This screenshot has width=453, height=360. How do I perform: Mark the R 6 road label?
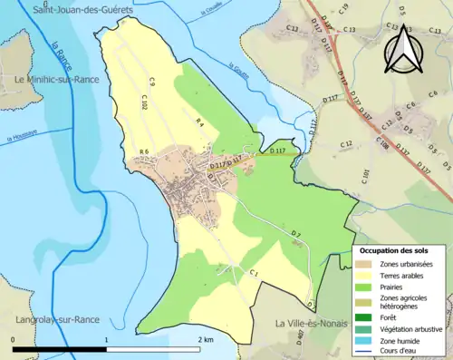[x=143, y=151]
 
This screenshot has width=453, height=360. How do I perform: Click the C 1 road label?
[x=255, y=273]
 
